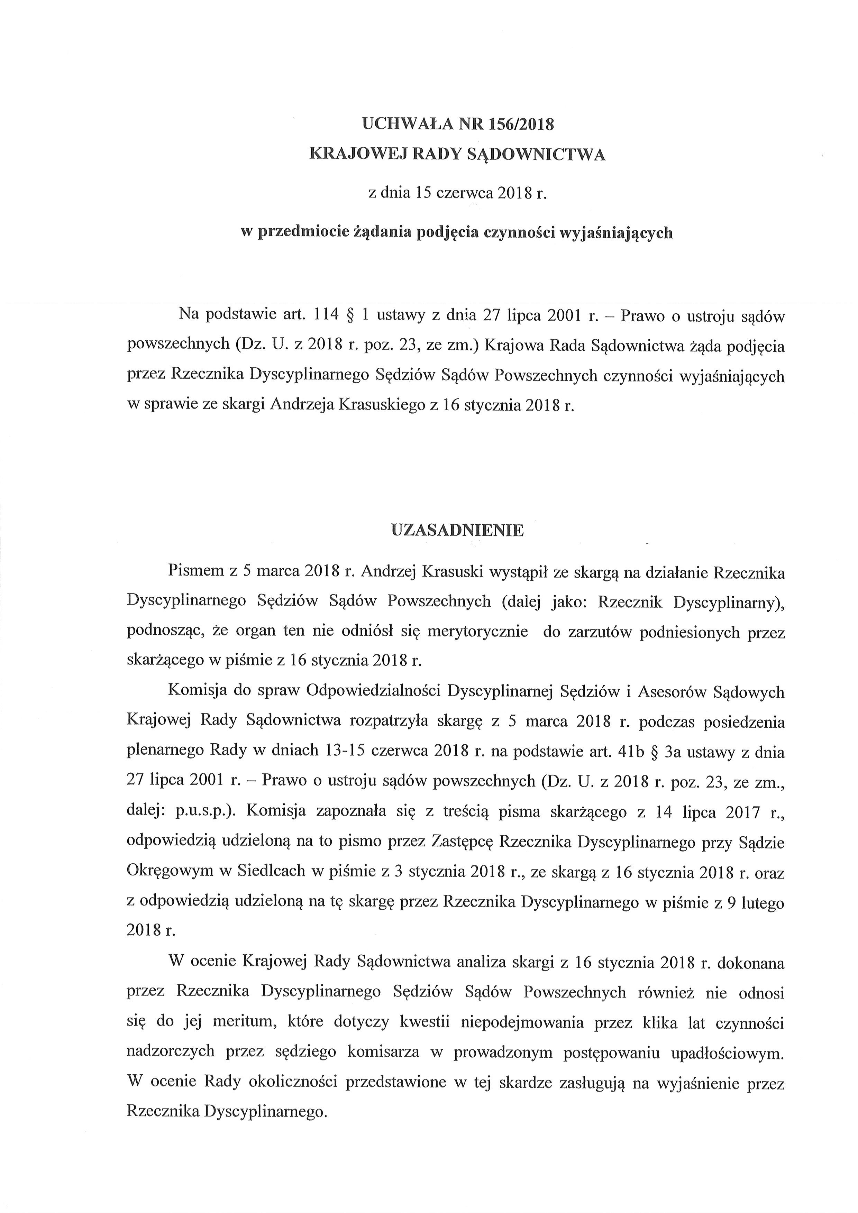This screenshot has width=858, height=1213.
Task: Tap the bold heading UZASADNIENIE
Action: (457, 531)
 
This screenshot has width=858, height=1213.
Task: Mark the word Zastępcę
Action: (460, 842)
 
